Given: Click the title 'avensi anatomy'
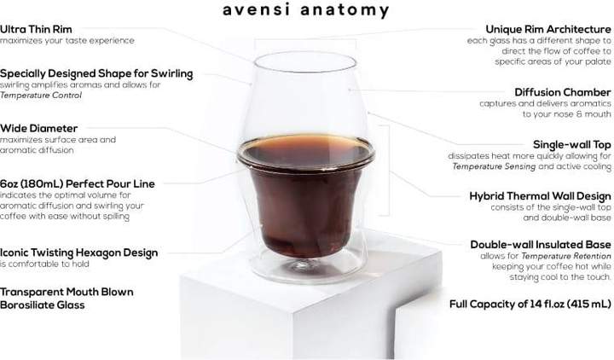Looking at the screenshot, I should click(x=306, y=11).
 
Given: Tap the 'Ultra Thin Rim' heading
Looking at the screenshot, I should click(x=36, y=29).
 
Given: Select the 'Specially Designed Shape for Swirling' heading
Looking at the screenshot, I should click(x=96, y=73).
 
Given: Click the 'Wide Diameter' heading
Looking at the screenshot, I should click(x=38, y=128).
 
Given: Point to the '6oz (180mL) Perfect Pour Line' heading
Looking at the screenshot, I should click(x=78, y=183).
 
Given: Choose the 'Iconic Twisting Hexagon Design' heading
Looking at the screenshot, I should click(x=78, y=253).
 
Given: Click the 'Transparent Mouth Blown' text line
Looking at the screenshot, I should click(x=67, y=292).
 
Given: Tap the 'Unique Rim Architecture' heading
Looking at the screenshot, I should click(x=547, y=29).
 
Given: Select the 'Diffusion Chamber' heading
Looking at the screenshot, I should click(x=562, y=92).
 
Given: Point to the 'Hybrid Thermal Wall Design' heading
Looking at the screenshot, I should click(x=540, y=195).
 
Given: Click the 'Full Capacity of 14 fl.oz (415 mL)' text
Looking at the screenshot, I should click(x=530, y=303).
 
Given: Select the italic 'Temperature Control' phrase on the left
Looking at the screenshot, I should click(x=40, y=96).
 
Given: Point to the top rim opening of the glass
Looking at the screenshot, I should click(x=304, y=62).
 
